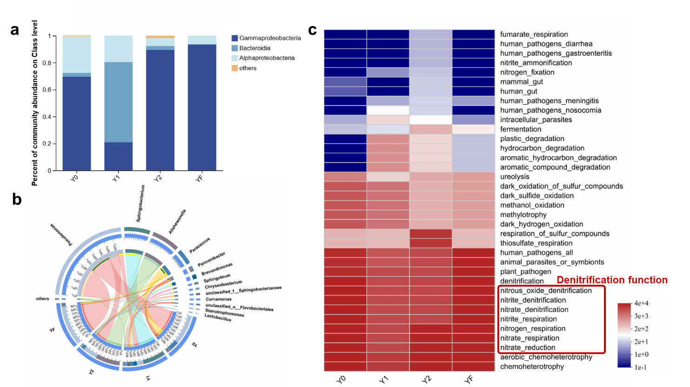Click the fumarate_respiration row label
(x=534, y=34)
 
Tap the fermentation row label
(x=520, y=129)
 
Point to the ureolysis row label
(x=515, y=177)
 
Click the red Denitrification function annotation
(x=612, y=280)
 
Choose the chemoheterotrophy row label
(x=532, y=367)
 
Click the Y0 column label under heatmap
(x=341, y=379)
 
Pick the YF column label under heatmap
(x=469, y=379)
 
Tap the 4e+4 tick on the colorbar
(x=641, y=303)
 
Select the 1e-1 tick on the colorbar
(x=640, y=367)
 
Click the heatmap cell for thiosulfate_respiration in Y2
(x=431, y=243)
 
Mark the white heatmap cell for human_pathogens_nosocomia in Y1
(x=388, y=110)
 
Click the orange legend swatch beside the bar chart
(x=235, y=68)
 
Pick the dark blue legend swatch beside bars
(x=235, y=38)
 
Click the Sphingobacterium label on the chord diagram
(x=140, y=203)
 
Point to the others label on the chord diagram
(x=42, y=299)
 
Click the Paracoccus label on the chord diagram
(x=200, y=245)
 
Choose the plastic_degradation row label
(x=532, y=139)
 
